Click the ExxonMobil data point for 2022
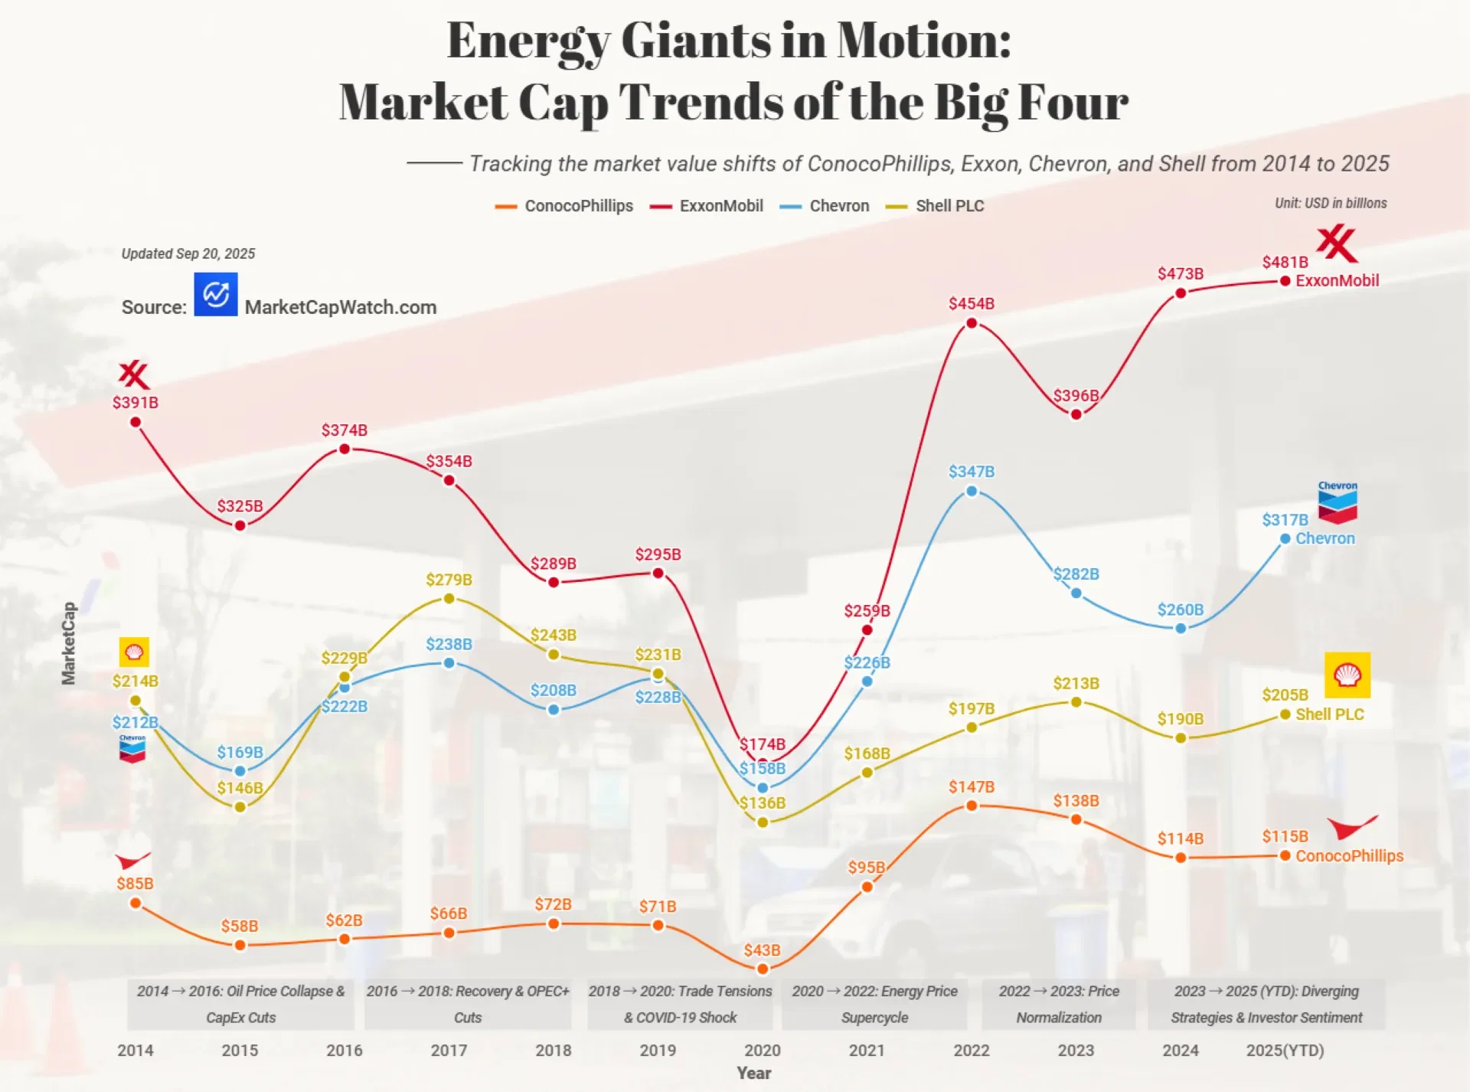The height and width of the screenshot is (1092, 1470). pyautogui.click(x=971, y=323)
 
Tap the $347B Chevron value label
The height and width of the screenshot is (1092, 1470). pyautogui.click(x=971, y=472)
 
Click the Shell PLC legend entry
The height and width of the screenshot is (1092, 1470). pyautogui.click(x=935, y=206)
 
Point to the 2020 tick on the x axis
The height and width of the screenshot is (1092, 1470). pyautogui.click(x=762, y=1050)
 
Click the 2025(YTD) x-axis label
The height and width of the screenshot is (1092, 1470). pyautogui.click(x=1285, y=1050)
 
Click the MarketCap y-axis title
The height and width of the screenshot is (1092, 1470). pyautogui.click(x=69, y=642)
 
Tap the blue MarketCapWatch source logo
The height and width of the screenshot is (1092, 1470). pyautogui.click(x=216, y=294)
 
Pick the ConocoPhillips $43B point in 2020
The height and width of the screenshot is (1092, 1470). pyautogui.click(x=762, y=969)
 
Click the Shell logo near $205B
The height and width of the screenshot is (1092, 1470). pyautogui.click(x=1347, y=675)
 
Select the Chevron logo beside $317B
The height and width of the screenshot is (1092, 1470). pyautogui.click(x=1337, y=503)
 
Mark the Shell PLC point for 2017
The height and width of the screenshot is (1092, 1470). pyautogui.click(x=449, y=598)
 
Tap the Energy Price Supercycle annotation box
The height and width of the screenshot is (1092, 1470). pyautogui.click(x=874, y=1004)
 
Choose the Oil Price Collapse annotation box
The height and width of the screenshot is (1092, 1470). pyautogui.click(x=240, y=1004)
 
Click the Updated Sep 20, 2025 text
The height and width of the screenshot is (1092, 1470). pyautogui.click(x=188, y=253)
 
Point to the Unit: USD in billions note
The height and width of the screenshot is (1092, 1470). pyautogui.click(x=1330, y=203)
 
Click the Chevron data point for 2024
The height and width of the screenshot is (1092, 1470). pyautogui.click(x=1180, y=628)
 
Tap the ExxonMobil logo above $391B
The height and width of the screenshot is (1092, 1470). pyautogui.click(x=134, y=375)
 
